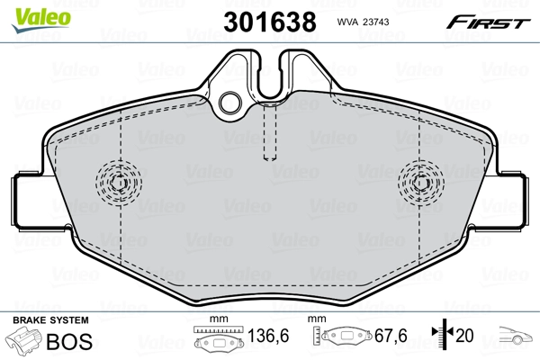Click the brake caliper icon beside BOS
point(22,342)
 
